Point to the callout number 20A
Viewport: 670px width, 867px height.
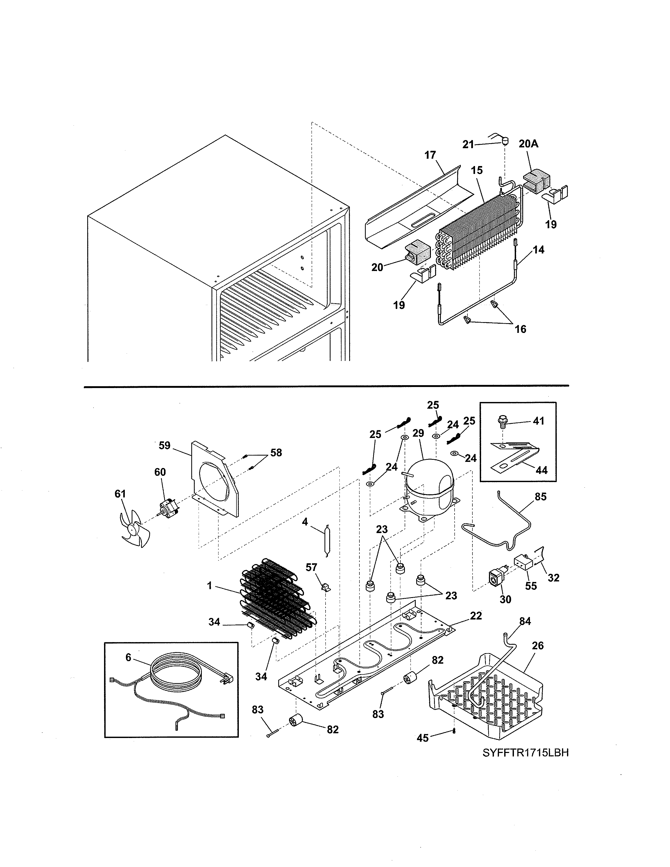pos(528,144)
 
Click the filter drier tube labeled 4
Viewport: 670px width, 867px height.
pos(327,541)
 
